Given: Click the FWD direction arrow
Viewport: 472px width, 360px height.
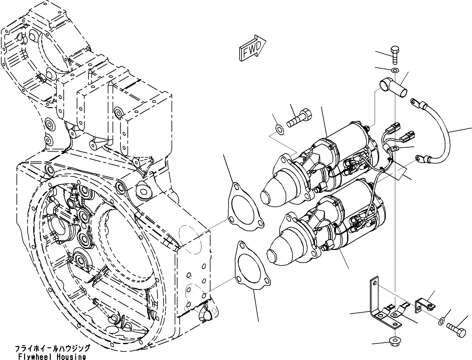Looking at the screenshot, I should [x=252, y=48].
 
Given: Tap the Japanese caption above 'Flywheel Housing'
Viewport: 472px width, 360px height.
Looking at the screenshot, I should [x=52, y=349].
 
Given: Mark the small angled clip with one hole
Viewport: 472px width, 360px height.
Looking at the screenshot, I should [x=424, y=304].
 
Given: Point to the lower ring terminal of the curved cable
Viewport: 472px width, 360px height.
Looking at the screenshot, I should [x=421, y=157].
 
